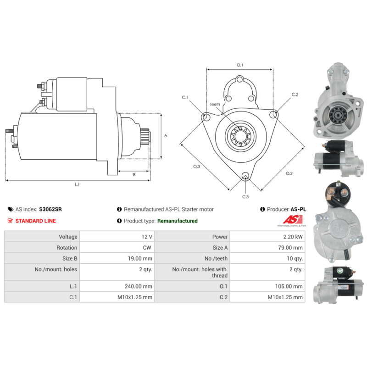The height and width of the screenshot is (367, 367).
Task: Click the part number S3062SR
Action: (x=50, y=209)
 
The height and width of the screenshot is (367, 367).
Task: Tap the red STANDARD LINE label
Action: (x=36, y=221)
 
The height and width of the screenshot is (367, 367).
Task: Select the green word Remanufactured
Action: (x=178, y=221)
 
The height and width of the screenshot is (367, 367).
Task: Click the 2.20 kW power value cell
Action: (x=267, y=237)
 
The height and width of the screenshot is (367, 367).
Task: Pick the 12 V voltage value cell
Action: (x=117, y=237)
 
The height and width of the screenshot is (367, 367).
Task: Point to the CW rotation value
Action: (x=147, y=248)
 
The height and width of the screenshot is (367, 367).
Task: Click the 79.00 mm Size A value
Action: (x=290, y=248)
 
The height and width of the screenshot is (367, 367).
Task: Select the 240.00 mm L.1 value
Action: (x=139, y=286)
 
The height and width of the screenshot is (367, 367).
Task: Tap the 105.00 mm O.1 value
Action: (x=289, y=286)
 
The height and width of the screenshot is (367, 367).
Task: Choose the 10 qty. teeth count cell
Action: (x=267, y=258)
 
